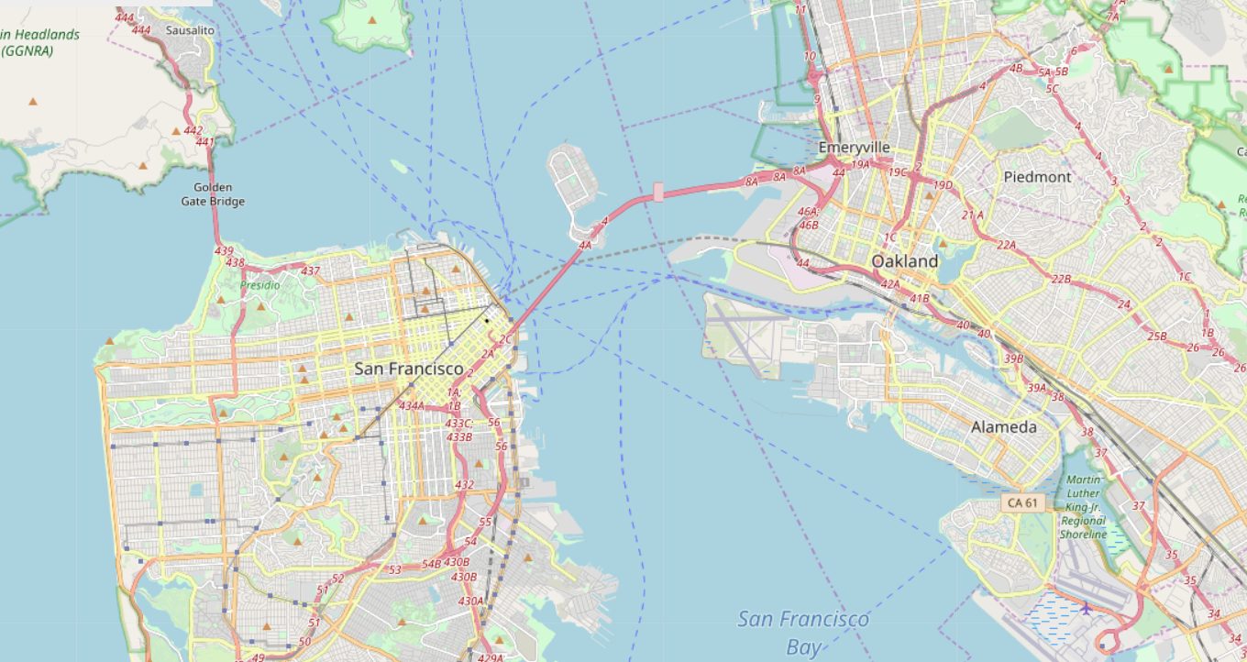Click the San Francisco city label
coord(409,369)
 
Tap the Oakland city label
coord(905,261)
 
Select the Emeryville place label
coord(854,148)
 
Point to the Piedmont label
coord(1037,177)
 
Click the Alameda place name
coord(1004,427)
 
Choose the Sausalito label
coord(190,30)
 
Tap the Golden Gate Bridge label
coord(213,194)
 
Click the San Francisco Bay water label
coord(803,633)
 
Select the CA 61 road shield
coord(1022,503)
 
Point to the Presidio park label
coord(260,285)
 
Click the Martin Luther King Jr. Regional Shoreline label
coord(1083,508)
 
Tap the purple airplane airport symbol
coord(1087,608)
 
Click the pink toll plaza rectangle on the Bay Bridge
coord(658,192)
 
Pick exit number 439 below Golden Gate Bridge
coord(224,250)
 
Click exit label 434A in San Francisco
coord(411,406)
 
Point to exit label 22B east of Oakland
coord(1062,279)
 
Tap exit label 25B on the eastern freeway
coord(1157,337)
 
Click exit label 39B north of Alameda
coord(1013,359)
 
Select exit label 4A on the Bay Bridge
coord(585,245)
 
